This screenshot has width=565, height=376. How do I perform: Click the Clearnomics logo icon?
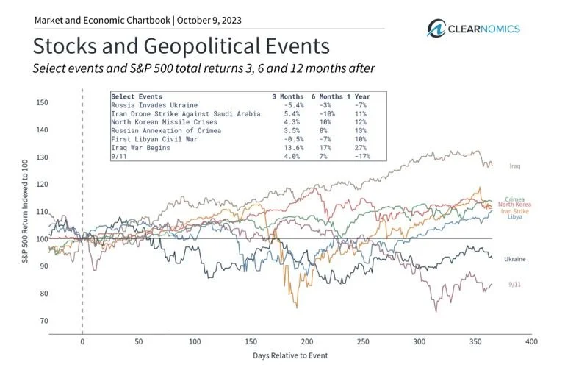point(439,29)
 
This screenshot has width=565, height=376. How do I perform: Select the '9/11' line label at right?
point(517,284)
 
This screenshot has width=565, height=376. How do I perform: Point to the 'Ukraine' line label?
point(514,259)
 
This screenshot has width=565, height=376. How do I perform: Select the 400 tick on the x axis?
point(532,342)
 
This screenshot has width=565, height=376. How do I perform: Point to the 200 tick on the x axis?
point(307,342)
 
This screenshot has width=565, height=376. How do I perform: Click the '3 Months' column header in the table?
point(286,96)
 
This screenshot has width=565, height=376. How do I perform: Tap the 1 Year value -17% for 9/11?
point(360,156)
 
